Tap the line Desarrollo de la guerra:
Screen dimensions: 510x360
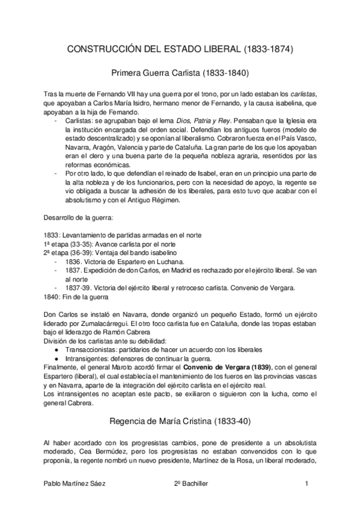tap(76, 217)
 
